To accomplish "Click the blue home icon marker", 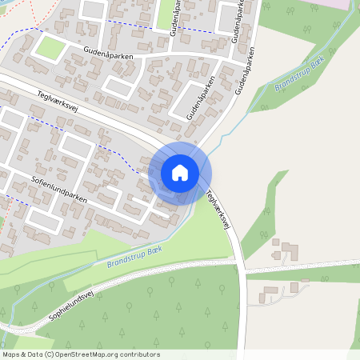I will pyautogui.click(x=180, y=173).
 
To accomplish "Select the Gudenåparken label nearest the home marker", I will pyautogui.click(x=202, y=98).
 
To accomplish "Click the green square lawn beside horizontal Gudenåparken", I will pyautogui.click(x=50, y=48).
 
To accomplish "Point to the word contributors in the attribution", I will pyautogui.click(x=141, y=354).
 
